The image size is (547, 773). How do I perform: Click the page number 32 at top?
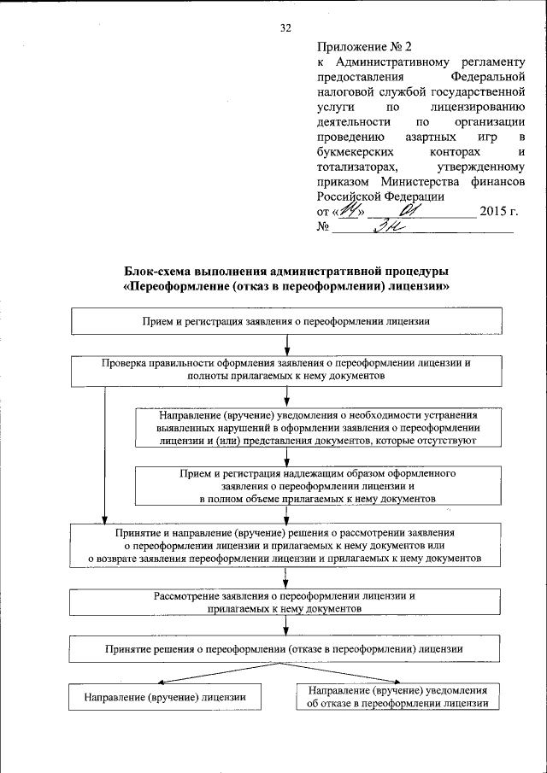(286, 28)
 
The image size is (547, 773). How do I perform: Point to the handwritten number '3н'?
(390, 226)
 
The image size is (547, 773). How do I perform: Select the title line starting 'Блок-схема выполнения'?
(286, 272)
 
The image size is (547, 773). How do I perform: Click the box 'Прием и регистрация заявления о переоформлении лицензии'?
(286, 322)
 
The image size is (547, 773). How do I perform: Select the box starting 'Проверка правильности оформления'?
(286, 369)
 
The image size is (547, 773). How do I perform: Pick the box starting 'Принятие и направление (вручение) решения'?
(286, 544)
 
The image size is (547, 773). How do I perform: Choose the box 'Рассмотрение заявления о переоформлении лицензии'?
(286, 601)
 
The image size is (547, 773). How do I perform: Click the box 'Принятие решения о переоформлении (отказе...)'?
(286, 649)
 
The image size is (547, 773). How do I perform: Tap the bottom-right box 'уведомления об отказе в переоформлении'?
(398, 697)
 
